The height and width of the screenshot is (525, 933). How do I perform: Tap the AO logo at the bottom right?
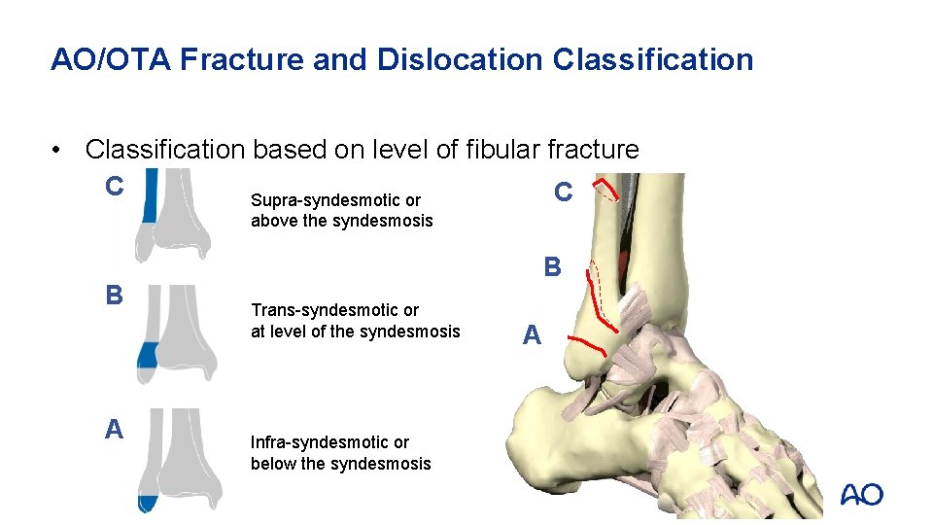(x=861, y=495)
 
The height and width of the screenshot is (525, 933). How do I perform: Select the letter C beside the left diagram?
(x=115, y=186)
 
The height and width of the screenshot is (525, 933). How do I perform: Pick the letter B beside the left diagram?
(x=115, y=295)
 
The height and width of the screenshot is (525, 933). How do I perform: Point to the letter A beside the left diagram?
(x=114, y=429)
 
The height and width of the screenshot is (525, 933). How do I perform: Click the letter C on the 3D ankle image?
(x=563, y=192)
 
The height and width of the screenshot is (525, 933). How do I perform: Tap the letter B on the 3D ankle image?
(x=552, y=266)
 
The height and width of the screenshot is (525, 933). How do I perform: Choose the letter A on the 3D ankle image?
(x=531, y=335)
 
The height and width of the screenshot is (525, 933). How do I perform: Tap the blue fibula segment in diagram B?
(x=147, y=354)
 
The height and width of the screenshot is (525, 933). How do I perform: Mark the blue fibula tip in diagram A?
(x=148, y=504)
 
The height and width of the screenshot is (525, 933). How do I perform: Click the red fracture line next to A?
(x=587, y=342)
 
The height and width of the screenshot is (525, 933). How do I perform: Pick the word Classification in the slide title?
(x=653, y=60)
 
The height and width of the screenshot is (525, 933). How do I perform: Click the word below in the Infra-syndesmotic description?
(x=273, y=463)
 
